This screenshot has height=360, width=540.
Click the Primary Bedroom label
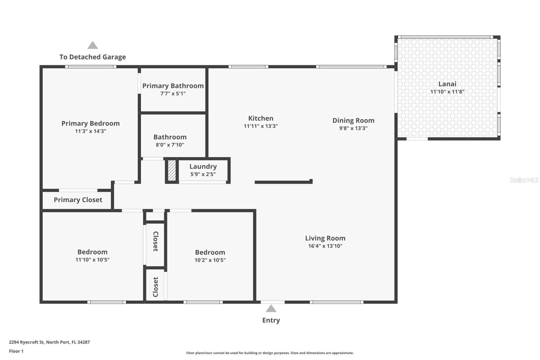(x=90, y=123)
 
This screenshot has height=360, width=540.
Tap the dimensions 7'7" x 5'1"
(x=173, y=94)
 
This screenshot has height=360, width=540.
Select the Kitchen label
(x=261, y=118)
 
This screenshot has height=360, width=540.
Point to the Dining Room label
(x=353, y=120)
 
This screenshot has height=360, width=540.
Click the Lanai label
(x=447, y=84)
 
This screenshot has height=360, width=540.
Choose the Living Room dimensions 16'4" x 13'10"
(x=325, y=246)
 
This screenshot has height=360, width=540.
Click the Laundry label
(x=203, y=166)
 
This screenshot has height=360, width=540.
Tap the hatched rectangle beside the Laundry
(x=172, y=170)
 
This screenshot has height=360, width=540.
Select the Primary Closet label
(x=78, y=200)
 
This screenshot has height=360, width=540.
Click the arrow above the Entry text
(x=271, y=309)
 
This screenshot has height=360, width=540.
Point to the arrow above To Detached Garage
(x=92, y=45)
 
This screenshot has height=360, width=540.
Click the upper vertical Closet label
(x=156, y=241)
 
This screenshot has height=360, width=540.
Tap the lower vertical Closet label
(x=156, y=287)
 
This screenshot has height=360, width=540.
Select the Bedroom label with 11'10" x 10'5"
(x=92, y=252)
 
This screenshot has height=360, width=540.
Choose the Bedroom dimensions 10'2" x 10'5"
(x=210, y=260)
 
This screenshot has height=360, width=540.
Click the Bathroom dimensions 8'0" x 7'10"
(x=170, y=145)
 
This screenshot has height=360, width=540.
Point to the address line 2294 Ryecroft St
(x=49, y=342)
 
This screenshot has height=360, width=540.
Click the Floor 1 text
(x=16, y=351)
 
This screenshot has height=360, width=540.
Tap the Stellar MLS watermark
(x=524, y=180)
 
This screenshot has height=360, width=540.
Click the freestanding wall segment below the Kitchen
(x=283, y=182)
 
